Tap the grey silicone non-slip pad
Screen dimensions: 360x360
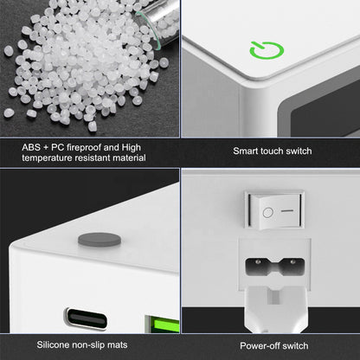(x=100, y=240)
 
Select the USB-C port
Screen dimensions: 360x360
(x=86, y=318)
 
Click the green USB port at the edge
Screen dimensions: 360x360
(x=162, y=324)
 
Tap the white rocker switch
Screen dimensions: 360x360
(x=274, y=209)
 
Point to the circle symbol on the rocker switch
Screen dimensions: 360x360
(x=268, y=213)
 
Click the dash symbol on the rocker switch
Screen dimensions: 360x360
(x=287, y=210)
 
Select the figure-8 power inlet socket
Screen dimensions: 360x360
(x=274, y=266)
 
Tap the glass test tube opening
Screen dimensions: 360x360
(x=149, y=29)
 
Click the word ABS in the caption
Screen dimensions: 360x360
(x=31, y=147)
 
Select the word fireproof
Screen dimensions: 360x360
(x=84, y=147)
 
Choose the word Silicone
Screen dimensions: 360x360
(x=53, y=344)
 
